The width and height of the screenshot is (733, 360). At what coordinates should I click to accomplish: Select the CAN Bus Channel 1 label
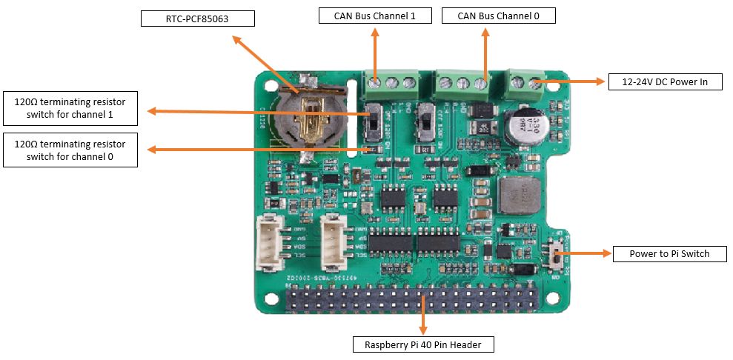(x=375, y=16)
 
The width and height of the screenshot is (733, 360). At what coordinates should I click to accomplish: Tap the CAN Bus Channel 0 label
(x=497, y=16)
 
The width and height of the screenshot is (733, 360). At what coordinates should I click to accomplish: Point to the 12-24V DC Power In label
(x=665, y=81)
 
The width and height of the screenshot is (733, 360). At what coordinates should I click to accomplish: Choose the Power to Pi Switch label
(x=669, y=254)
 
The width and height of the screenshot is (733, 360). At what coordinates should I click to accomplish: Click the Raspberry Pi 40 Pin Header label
(x=423, y=344)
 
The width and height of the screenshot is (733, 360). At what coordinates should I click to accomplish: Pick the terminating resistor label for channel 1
(x=70, y=108)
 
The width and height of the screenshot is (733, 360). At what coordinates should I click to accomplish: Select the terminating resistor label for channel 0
(x=70, y=150)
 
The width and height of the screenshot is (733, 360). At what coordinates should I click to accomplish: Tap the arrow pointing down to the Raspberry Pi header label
(x=423, y=314)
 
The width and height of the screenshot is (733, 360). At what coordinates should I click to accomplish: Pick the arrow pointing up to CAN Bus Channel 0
(x=485, y=56)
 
